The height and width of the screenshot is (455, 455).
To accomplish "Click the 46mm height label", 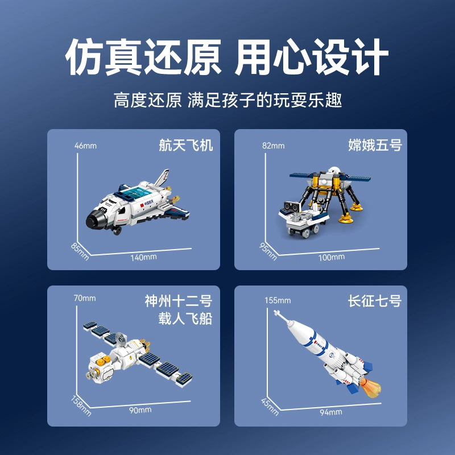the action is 85,146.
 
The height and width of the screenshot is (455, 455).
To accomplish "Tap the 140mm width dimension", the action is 143,258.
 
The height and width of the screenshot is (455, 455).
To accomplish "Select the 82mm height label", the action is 274,146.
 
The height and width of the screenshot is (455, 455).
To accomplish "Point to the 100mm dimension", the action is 332,258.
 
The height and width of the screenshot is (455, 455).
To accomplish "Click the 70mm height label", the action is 85,298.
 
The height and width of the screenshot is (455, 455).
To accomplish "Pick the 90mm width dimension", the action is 140,410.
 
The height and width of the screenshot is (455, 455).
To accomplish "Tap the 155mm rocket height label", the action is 278,300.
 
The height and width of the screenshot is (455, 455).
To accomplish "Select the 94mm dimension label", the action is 331,412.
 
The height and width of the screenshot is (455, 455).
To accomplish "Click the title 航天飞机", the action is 186,145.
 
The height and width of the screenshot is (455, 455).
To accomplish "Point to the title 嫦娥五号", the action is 375,145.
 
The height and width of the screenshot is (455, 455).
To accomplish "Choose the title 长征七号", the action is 375,301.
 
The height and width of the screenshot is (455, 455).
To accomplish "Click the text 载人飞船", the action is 185,318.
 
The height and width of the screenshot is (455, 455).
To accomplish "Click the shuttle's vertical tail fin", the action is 162,178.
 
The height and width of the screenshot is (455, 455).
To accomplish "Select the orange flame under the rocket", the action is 370,387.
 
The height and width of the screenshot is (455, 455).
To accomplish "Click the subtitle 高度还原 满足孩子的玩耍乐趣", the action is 228,101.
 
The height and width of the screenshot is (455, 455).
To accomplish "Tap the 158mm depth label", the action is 81,406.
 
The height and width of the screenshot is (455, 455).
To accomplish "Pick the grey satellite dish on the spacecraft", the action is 121,338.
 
